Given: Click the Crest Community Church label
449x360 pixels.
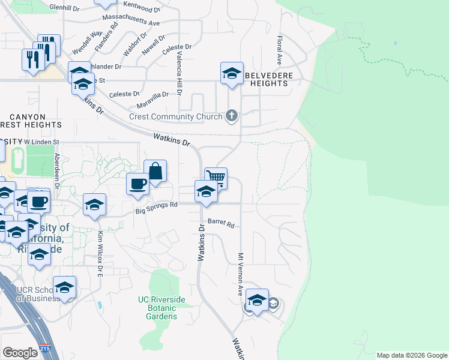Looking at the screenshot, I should point(175,116).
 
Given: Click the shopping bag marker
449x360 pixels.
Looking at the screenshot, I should point(155,171).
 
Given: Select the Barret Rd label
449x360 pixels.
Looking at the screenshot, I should point(220,223).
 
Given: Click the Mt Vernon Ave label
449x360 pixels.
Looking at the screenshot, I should point(240,273).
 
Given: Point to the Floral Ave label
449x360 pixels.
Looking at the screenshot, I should point(279,50).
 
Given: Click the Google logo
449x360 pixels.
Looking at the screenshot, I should point(20,353).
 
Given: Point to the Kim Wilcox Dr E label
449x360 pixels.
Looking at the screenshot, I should point(100,253).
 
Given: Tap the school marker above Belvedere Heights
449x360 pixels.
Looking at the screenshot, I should point(232,73).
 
